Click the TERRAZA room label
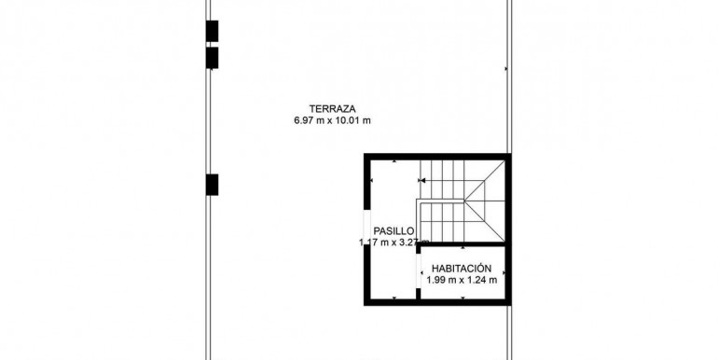(x=333, y=109)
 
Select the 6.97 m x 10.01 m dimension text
(x=333, y=121)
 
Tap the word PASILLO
(x=394, y=231)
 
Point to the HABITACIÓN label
(x=462, y=269)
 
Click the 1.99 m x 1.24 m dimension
(x=462, y=281)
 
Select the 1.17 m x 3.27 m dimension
(x=394, y=242)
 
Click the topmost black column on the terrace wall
(x=212, y=31)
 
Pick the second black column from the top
(x=212, y=58)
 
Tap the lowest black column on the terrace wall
(x=212, y=185)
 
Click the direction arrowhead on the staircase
(x=422, y=180)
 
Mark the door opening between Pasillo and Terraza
(x=366, y=227)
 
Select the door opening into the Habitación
(x=418, y=271)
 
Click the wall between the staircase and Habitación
(x=462, y=244)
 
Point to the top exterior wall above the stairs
(x=437, y=157)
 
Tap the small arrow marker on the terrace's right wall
(x=506, y=69)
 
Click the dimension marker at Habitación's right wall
(x=504, y=273)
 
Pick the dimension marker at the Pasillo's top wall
(x=394, y=161)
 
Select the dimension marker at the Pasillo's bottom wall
(x=394, y=298)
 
